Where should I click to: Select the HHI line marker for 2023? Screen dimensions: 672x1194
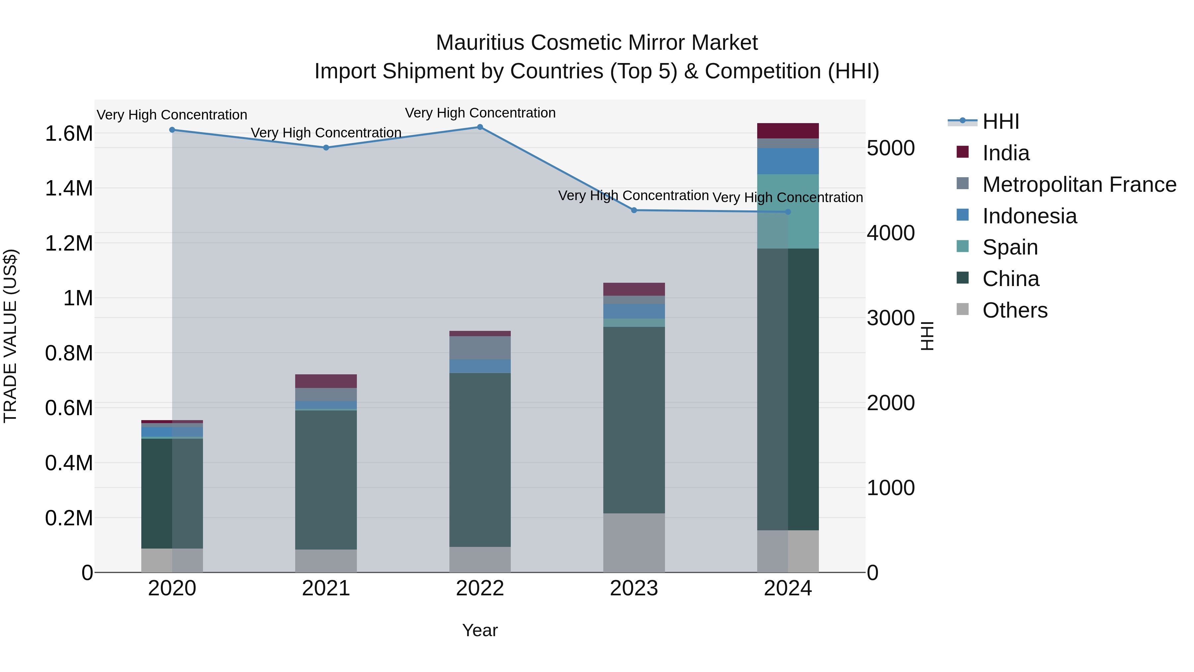pyautogui.click(x=634, y=210)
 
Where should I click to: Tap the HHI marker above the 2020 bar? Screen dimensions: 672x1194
pyautogui.click(x=172, y=130)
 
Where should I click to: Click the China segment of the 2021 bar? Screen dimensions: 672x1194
pyautogui.click(x=326, y=480)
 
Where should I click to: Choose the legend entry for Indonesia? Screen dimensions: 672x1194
pyautogui.click(x=1029, y=216)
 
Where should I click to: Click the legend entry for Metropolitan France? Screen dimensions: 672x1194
pyautogui.click(x=1079, y=185)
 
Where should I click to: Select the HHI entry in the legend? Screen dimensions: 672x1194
pyautogui.click(x=1000, y=121)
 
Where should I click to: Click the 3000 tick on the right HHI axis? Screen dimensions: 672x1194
pyautogui.click(x=891, y=318)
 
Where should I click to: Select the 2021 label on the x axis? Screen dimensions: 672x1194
pyautogui.click(x=326, y=588)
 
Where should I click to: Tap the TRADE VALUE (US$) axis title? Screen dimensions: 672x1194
pyautogui.click(x=10, y=336)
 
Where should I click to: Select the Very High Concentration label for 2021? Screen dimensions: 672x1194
pyautogui.click(x=326, y=133)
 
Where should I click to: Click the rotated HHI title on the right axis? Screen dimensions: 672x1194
pyautogui.click(x=927, y=336)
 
